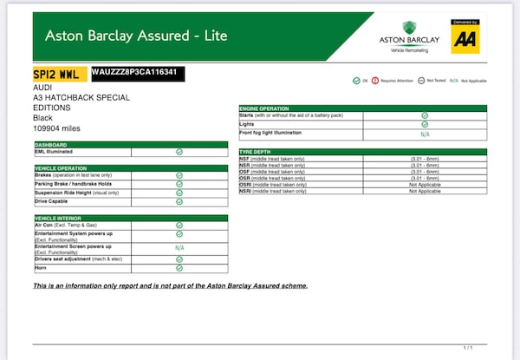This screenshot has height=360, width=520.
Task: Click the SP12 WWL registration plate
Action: (59, 74)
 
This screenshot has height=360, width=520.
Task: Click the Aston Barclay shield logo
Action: (409, 28)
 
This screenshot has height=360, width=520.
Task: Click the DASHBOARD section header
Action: (51, 144)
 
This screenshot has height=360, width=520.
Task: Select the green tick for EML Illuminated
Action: (179, 152)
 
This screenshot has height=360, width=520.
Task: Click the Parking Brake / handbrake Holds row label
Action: (74, 184)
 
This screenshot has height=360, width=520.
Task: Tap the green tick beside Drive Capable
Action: (179, 201)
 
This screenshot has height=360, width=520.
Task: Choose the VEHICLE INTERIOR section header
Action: (59, 218)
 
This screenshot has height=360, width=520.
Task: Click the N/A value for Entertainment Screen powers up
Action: (179, 247)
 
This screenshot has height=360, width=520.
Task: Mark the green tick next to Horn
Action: (179, 269)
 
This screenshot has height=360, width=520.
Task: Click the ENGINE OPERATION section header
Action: (270, 108)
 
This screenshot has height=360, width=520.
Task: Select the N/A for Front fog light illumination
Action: (425, 134)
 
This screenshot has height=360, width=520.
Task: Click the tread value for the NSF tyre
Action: (425, 159)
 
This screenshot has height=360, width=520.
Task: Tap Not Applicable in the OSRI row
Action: (425, 184)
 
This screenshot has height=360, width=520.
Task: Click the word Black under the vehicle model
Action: (43, 117)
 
